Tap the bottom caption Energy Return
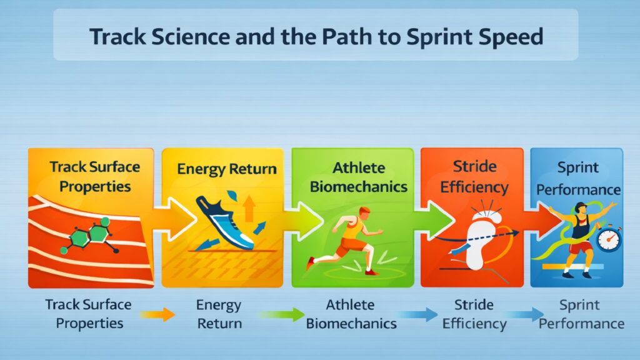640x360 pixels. coord(219,314)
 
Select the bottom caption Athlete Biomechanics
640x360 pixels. coord(352,314)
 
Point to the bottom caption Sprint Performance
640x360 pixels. coord(581,314)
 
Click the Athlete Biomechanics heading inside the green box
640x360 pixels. coord(352,177)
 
